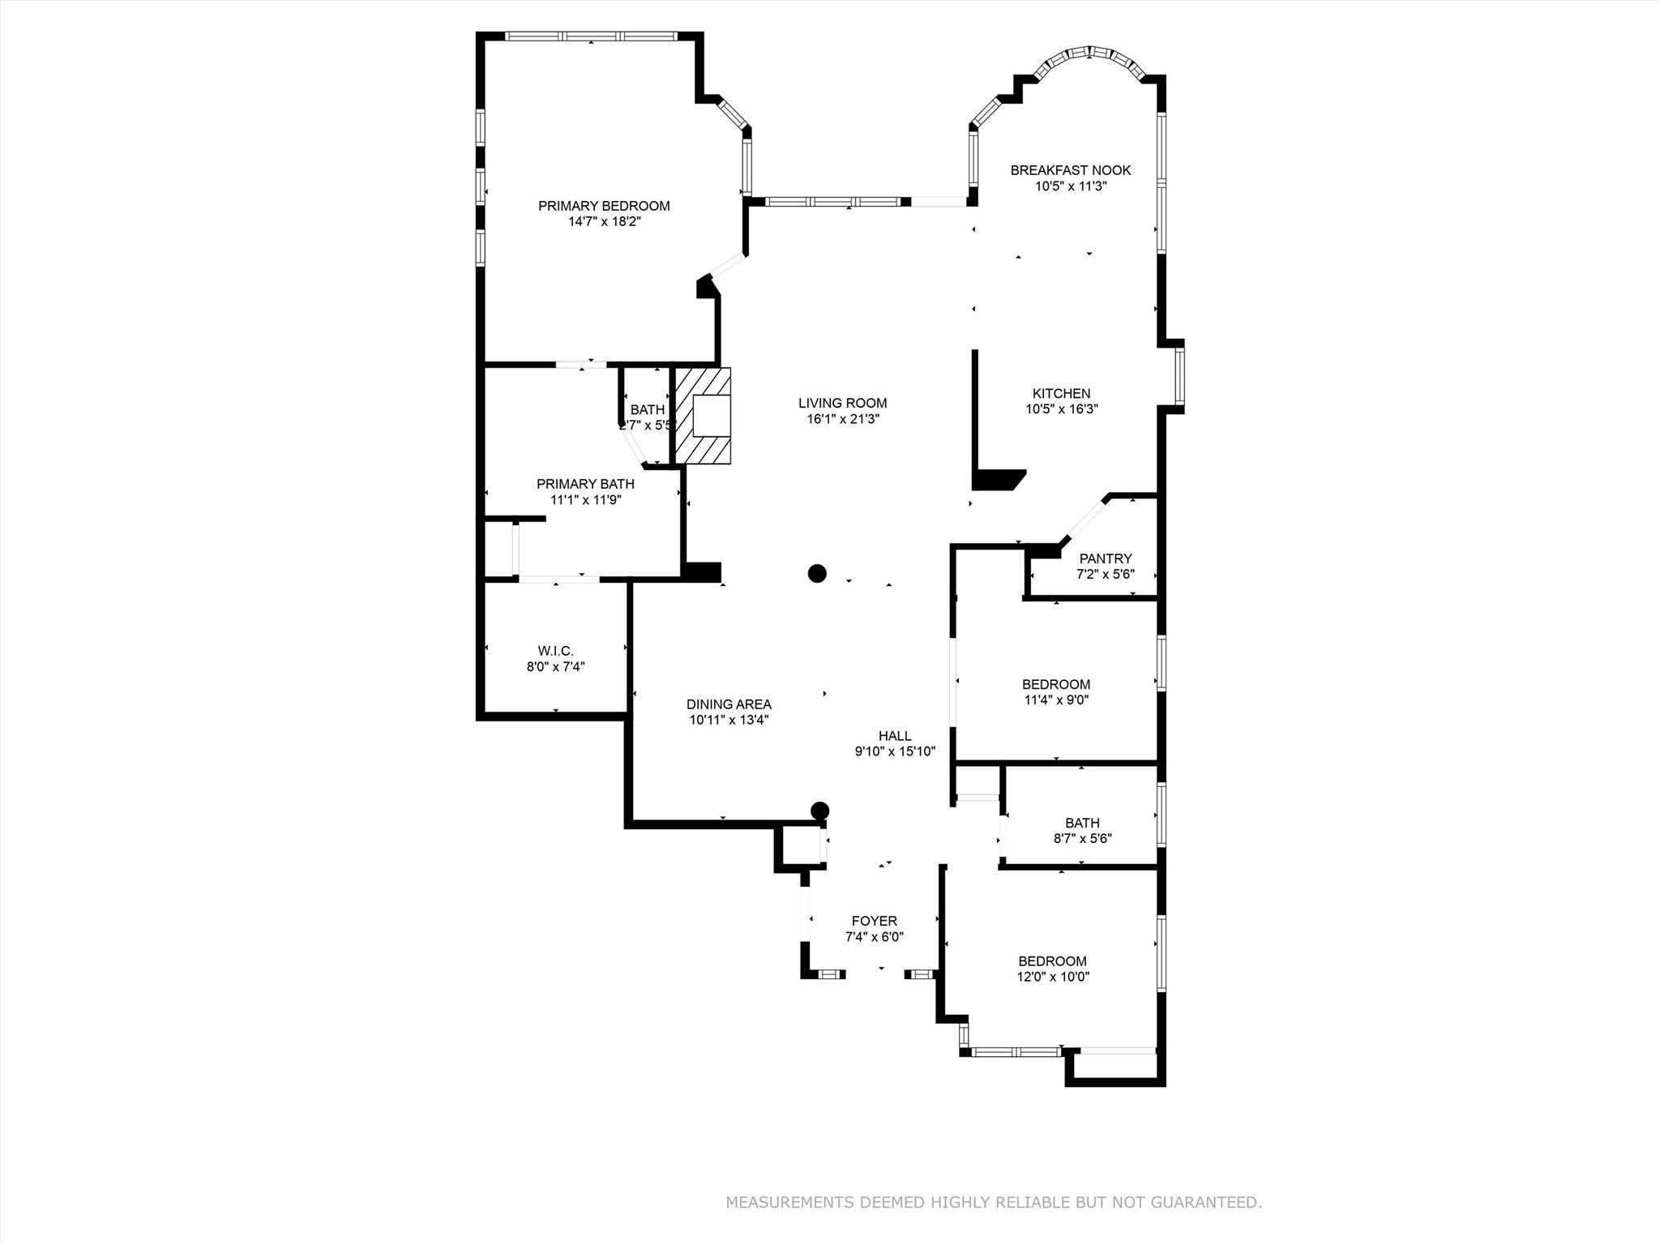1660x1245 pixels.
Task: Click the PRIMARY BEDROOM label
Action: point(604,206)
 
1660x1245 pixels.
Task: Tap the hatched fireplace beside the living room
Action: point(704,416)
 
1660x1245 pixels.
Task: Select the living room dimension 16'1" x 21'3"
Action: point(842,419)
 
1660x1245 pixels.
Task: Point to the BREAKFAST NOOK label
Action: point(1070,170)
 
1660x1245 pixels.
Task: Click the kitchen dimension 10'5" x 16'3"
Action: point(1061,409)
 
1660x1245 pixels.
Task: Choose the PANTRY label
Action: point(1105,558)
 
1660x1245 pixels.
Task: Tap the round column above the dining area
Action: point(817,573)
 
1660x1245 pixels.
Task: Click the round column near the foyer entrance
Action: point(820,810)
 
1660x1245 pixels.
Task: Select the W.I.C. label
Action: point(555,651)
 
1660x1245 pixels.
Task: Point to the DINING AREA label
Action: point(729,704)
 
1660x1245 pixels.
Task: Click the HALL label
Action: point(895,736)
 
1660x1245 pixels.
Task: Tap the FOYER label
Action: point(874,921)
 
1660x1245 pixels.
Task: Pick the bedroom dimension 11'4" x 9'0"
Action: point(1056,700)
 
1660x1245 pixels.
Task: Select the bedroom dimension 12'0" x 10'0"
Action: point(1053,977)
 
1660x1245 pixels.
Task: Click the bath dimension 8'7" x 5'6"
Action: point(1082,838)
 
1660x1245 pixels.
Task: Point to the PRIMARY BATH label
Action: point(585,484)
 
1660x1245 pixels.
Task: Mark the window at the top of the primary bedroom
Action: point(590,36)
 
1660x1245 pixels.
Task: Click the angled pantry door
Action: point(1084,520)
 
